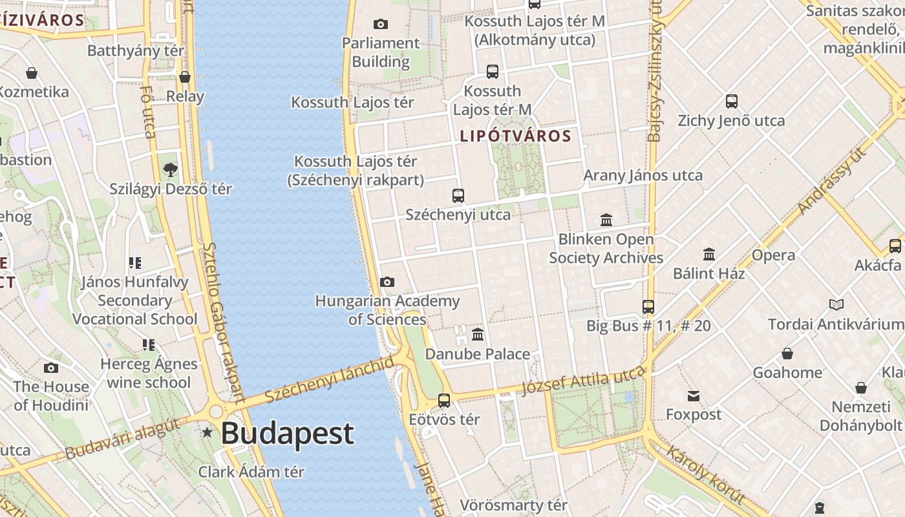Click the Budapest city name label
pyautogui.click(x=288, y=434)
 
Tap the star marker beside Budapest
pyautogui.click(x=207, y=432)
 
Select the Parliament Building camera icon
pyautogui.click(x=381, y=25)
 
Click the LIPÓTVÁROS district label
pyautogui.click(x=516, y=136)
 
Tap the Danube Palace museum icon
pyautogui.click(x=478, y=334)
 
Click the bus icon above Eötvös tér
pyautogui.click(x=444, y=400)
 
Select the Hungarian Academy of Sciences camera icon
pyautogui.click(x=387, y=282)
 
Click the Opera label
pyautogui.click(x=773, y=255)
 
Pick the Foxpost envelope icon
pyautogui.click(x=694, y=396)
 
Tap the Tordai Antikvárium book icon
pyautogui.click(x=836, y=304)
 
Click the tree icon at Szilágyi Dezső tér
pyautogui.click(x=171, y=170)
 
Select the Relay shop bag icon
pyautogui.click(x=185, y=78)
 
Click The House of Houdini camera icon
pyautogui.click(x=51, y=368)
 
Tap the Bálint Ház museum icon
pyautogui.click(x=709, y=254)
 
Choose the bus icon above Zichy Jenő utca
pyautogui.click(x=732, y=101)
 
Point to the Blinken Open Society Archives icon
pyautogui.click(x=606, y=220)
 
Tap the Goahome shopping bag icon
pyautogui.click(x=787, y=353)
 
